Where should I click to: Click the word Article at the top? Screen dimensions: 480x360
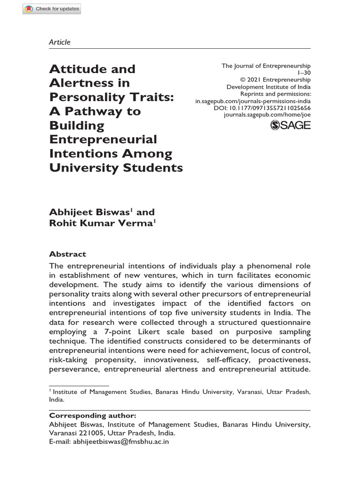coord(60,42)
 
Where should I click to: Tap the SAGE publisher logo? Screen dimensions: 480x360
coord(291,125)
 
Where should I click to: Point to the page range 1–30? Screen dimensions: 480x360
coord(304,73)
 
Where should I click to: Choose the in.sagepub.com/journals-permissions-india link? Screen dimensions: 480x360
coord(253,101)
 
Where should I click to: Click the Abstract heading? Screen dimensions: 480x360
coord(67,254)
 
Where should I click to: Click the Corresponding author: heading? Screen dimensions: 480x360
coord(93,415)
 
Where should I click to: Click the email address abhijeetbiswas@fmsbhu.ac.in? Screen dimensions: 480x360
coord(121,441)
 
